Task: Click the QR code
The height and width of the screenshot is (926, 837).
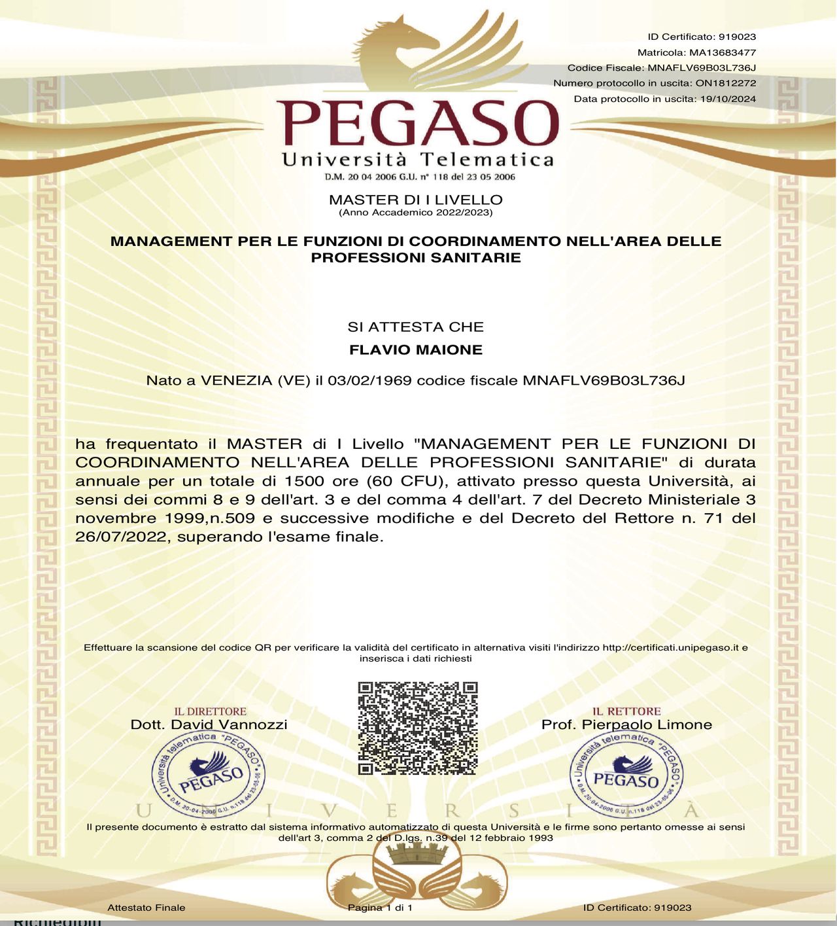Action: pos(418,728)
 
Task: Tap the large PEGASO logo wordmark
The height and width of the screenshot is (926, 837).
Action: pos(418,123)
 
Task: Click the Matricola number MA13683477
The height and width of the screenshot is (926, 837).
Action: pos(723,52)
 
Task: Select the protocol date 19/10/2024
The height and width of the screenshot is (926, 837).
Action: pos(728,99)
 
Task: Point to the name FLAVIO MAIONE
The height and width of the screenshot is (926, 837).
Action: pos(416,350)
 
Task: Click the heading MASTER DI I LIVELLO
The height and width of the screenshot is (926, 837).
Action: pos(416,200)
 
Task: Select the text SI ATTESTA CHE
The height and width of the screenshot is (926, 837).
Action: pos(416,327)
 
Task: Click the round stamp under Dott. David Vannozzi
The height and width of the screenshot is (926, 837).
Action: pos(209,775)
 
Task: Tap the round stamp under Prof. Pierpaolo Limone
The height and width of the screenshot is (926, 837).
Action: pos(626,775)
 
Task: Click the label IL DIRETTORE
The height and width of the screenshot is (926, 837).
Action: pos(210,711)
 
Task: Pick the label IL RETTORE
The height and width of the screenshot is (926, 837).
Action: pos(626,711)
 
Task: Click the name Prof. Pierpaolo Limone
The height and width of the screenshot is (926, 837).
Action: pos(626,724)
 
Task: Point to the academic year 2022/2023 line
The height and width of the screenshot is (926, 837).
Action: pos(416,213)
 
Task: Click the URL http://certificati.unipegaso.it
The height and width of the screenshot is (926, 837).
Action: pos(671,647)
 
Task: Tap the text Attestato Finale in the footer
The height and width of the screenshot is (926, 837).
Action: pos(146,908)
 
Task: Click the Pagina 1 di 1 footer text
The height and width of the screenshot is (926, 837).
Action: pos(380,908)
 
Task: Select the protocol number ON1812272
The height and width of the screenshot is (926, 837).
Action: pos(726,83)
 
